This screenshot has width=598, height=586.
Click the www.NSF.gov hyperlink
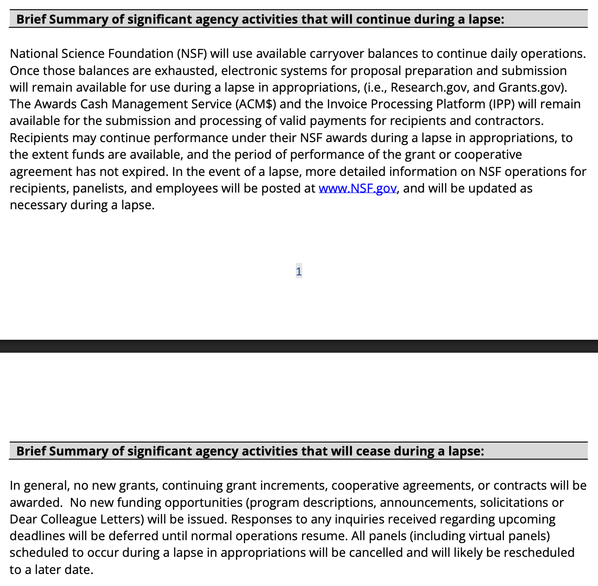(357, 188)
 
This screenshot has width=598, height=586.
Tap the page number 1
(299, 271)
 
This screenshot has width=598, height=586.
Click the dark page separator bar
(299, 346)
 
